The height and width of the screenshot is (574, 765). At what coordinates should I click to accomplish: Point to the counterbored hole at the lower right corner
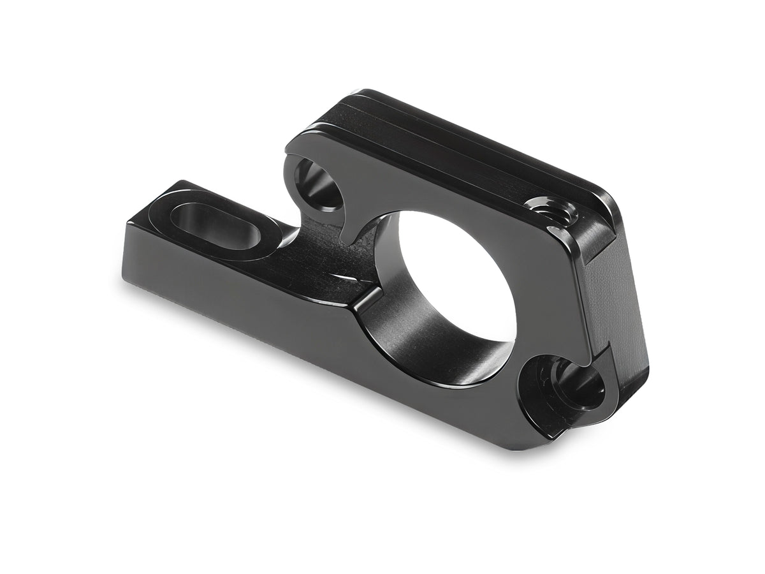561,386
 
